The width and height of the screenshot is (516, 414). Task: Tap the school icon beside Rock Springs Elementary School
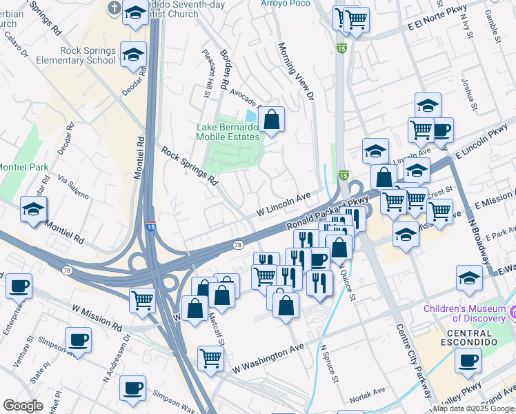(133, 55)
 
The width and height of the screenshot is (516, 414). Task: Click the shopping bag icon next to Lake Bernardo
(272, 119)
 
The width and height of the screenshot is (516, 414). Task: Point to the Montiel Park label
(23, 167)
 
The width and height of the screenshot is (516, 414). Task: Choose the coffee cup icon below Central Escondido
(469, 360)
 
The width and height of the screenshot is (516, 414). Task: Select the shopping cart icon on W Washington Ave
(210, 357)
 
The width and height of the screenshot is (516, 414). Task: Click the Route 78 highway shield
(237, 245)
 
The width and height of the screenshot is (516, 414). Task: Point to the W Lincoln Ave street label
(284, 201)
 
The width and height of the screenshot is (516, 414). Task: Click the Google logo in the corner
(23, 406)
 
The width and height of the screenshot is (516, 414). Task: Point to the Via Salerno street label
(73, 186)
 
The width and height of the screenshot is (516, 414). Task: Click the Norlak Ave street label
(367, 391)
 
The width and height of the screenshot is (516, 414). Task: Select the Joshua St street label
(469, 93)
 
